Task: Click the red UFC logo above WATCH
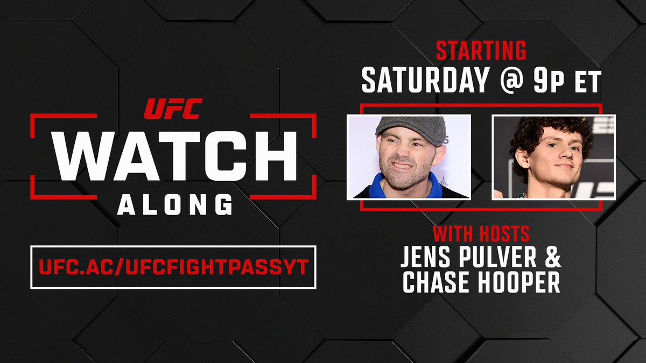pos(173,109)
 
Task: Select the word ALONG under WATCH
pos(174,205)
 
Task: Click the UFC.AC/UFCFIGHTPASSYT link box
pos(173,267)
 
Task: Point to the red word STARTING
pos(481,51)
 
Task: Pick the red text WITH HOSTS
pos(481,234)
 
